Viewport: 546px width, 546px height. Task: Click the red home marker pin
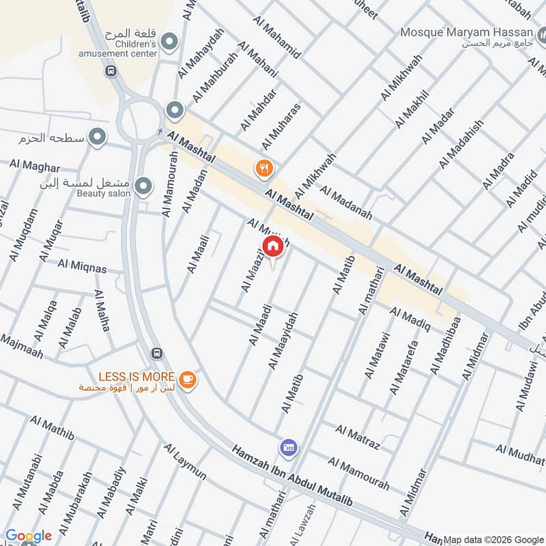272,246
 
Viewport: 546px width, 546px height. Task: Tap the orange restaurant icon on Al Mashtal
263,167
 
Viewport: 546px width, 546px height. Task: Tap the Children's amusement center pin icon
169,42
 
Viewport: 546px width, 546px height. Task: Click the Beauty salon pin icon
143,186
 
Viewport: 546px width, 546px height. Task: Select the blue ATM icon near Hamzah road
288,448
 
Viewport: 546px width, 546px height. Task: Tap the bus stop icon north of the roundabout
110,70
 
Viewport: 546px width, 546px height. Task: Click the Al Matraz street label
357,437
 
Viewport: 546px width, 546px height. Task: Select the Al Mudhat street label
519,451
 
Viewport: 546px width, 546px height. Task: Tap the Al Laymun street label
184,461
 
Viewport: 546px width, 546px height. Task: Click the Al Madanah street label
345,203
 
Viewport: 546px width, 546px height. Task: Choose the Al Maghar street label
35,166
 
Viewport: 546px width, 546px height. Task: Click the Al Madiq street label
410,319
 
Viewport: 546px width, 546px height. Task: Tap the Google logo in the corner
29,536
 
